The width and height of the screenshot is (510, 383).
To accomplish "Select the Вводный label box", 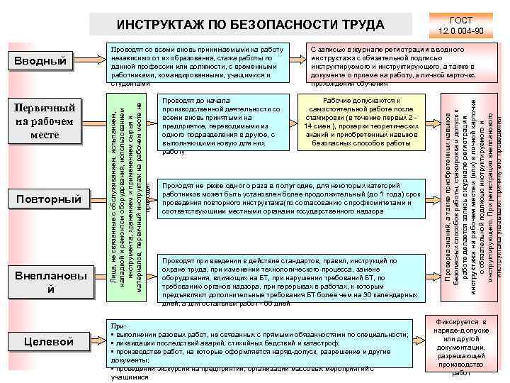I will click(44, 62).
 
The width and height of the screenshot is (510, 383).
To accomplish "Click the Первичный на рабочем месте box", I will click(47, 121).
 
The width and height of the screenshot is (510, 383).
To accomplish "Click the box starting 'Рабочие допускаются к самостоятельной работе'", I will click(361, 122).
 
